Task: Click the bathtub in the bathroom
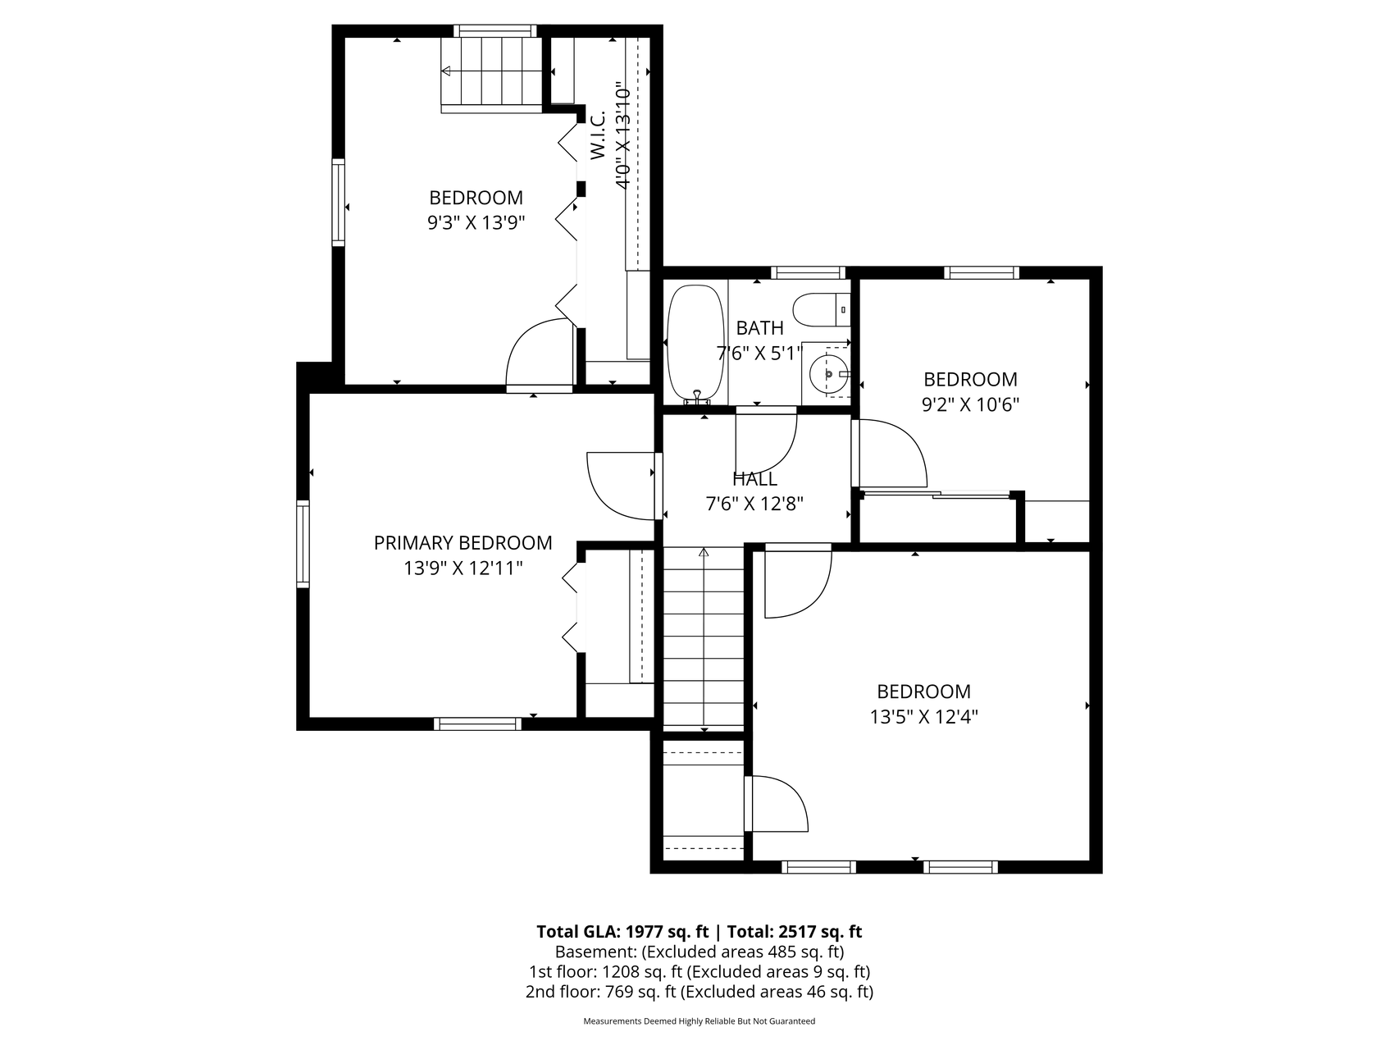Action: [695, 344]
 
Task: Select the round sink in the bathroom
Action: [829, 374]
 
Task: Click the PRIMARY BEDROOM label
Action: [463, 542]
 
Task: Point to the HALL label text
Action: [754, 478]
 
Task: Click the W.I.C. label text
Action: [597, 135]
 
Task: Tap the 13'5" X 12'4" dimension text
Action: [923, 717]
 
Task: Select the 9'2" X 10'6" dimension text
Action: [970, 404]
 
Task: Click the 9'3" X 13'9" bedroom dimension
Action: [476, 222]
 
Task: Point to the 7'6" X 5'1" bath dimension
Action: [759, 354]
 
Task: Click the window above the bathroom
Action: [808, 273]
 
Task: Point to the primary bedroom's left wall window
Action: [303, 544]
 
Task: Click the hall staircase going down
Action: [704, 637]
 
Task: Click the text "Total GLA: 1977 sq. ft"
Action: [622, 932]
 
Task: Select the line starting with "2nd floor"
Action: [699, 992]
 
